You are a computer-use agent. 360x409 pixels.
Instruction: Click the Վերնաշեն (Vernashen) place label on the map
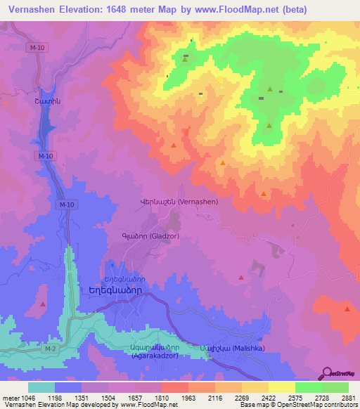179,201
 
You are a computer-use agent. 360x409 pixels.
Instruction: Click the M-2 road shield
48,349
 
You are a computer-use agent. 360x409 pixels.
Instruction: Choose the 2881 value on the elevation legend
346,398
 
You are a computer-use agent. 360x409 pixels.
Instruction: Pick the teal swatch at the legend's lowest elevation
41,387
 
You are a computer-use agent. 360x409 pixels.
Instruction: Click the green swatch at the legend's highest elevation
335,387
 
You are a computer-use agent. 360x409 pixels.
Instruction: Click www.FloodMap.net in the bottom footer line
148,405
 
